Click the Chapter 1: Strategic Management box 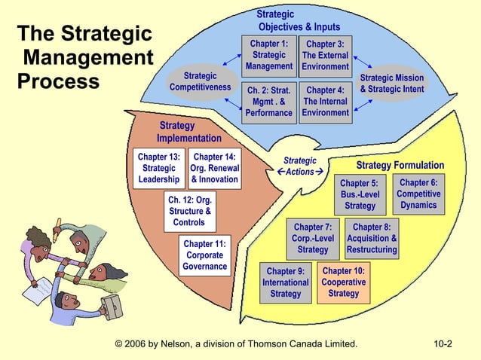coord(268,55)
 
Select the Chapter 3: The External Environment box coord(325,55)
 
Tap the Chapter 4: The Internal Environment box coord(325,102)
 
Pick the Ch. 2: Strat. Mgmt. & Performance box coord(268,102)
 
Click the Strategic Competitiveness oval coord(200,82)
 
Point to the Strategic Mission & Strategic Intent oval coord(392,84)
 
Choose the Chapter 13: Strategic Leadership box coord(159,169)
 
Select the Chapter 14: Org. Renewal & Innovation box coord(215,169)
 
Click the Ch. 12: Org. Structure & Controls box coord(188,212)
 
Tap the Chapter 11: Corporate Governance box coord(204,255)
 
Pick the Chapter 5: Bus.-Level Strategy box coord(359,194)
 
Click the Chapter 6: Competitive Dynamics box coord(418,194)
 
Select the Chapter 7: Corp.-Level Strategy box coord(312,238)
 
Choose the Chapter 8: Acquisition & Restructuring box coord(372,238)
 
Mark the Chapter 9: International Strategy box coord(285,282)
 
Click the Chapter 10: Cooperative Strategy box coord(343,282)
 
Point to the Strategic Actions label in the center coord(299,166)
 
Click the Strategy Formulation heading coord(400,166)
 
